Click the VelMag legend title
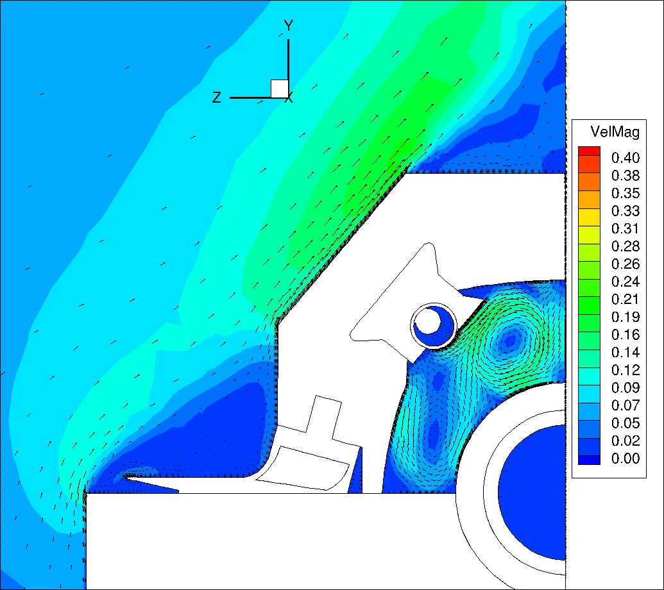point(615,132)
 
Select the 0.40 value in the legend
point(626,158)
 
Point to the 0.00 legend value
point(626,459)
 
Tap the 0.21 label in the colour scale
point(626,299)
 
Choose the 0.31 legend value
point(626,228)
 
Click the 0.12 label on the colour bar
point(626,370)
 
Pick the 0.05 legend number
point(626,423)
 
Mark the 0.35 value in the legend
point(626,193)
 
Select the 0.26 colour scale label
point(626,264)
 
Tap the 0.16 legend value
point(626,335)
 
